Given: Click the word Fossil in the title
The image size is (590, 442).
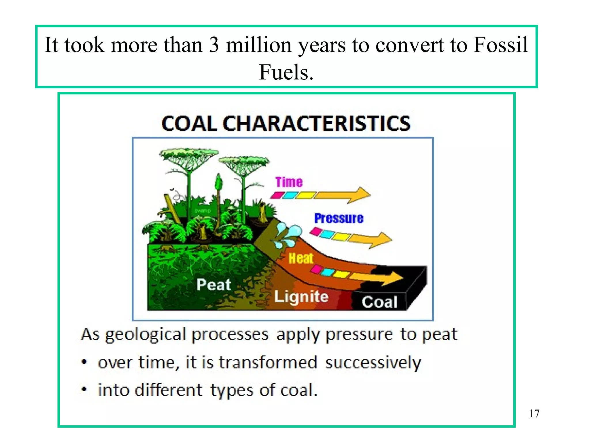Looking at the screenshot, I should (501, 45).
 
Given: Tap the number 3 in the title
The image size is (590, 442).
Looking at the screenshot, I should (213, 45).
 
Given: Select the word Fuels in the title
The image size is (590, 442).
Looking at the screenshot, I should (286, 72).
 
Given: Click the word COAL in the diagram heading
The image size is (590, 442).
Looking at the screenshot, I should (189, 124).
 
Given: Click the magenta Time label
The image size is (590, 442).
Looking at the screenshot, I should (289, 182).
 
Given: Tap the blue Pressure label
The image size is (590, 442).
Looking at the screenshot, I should (339, 218).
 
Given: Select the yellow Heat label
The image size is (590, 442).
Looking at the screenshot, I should (301, 258).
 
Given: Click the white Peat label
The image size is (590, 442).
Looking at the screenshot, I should (213, 285).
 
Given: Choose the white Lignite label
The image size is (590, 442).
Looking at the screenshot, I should (301, 297).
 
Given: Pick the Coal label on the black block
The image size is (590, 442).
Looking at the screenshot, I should (380, 302).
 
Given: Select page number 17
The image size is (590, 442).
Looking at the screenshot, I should (534, 414).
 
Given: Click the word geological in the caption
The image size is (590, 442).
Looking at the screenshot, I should (145, 335).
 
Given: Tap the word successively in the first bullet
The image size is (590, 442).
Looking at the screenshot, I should (373, 363).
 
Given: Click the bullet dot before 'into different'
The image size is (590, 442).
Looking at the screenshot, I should (84, 390).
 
